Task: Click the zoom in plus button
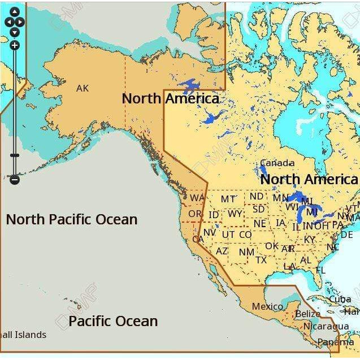point(15,45)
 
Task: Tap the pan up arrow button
point(15,12)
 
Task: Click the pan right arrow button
point(21,22)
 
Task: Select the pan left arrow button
point(9,22)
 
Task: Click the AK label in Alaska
point(83,88)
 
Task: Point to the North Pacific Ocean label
point(72,219)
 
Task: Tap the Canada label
point(277,163)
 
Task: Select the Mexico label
point(267,306)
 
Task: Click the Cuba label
point(340,299)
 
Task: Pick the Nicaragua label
point(326,327)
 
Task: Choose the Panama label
point(336,342)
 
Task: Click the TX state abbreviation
point(261,260)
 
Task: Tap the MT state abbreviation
point(228,199)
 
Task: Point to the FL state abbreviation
point(320,271)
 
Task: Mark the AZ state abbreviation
point(222,250)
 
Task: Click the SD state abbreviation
point(258,209)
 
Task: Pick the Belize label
point(307,314)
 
